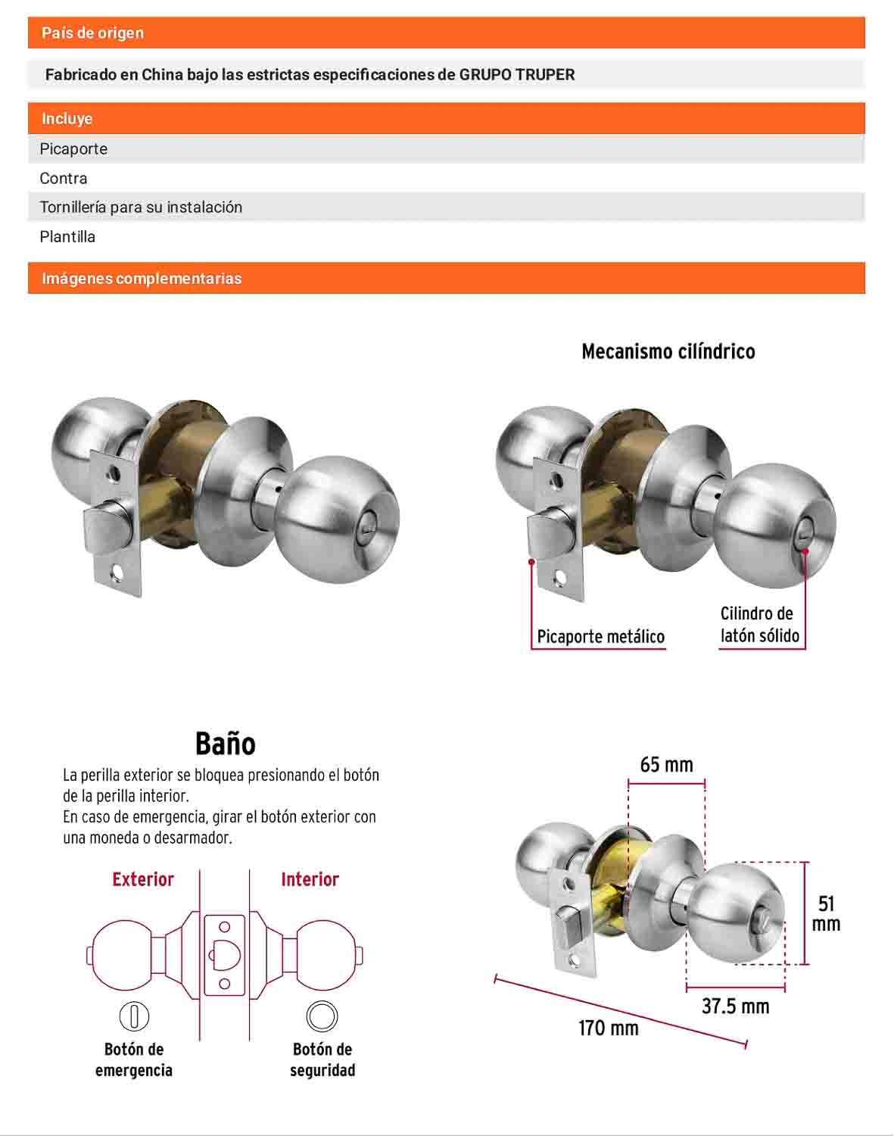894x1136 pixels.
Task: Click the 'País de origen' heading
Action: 93,33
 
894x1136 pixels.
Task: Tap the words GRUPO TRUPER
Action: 517,74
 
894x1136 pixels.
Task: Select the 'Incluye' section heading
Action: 67,118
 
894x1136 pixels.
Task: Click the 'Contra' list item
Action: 64,179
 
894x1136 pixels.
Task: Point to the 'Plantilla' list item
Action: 67,236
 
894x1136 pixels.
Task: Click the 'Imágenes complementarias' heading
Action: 142,278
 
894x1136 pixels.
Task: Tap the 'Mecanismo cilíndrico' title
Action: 668,351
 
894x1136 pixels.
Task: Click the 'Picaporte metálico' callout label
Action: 600,636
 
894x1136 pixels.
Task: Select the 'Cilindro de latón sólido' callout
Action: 759,624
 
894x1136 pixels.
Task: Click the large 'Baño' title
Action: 226,743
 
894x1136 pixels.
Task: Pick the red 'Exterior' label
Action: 143,879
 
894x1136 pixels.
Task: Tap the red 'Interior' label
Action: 310,879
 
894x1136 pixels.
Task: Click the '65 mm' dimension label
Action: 667,764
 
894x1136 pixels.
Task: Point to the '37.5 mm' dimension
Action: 736,1006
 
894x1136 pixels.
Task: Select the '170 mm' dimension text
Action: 609,1028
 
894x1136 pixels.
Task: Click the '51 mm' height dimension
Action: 826,914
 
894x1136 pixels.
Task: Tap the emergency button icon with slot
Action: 134,1016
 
